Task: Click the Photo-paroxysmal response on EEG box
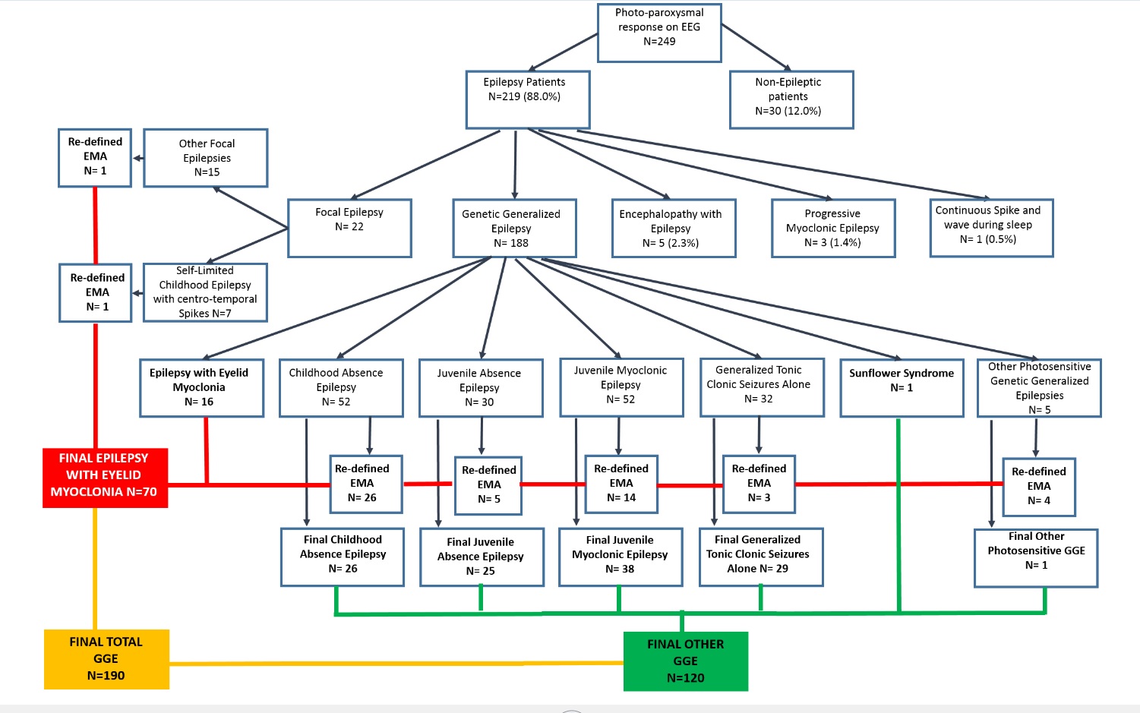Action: click(659, 33)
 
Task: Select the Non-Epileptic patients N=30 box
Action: click(791, 99)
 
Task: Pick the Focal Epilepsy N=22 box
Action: click(349, 228)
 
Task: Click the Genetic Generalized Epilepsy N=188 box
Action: click(514, 229)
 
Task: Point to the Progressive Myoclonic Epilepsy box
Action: click(833, 229)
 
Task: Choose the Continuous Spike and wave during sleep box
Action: click(991, 228)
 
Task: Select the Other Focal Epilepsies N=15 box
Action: click(206, 158)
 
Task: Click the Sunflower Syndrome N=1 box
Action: click(902, 388)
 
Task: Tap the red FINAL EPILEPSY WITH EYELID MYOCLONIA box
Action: click(105, 477)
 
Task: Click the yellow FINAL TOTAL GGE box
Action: click(106, 659)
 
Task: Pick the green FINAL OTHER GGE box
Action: click(685, 661)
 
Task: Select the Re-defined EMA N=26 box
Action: click(365, 484)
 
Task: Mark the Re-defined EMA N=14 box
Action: click(621, 484)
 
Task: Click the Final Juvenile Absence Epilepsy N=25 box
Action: click(482, 557)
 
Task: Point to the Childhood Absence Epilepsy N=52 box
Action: click(341, 388)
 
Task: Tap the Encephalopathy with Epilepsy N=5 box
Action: click(674, 229)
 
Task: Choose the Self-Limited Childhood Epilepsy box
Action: click(205, 292)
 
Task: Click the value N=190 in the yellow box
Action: click(106, 676)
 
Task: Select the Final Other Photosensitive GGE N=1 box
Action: click(1036, 558)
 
